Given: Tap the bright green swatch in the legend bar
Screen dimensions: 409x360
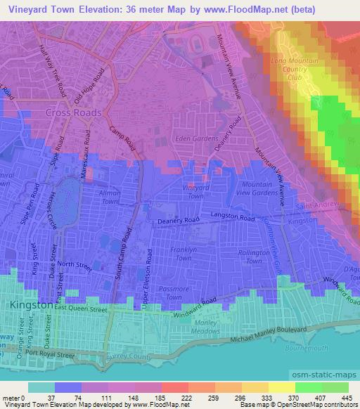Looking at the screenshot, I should click(309, 387).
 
